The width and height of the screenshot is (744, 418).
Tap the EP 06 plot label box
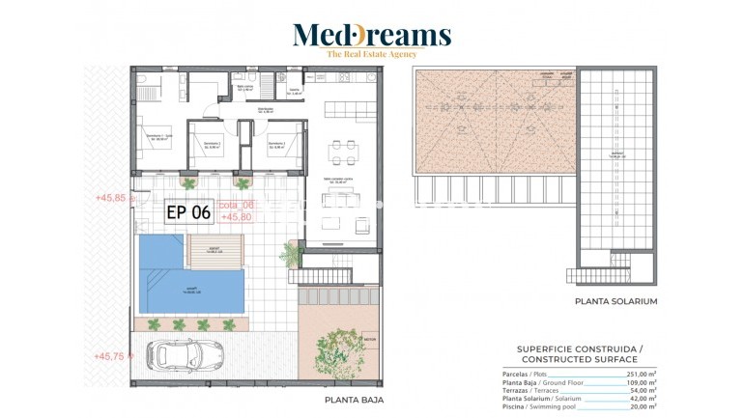[188, 212]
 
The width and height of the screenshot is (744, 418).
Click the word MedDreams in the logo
[372, 36]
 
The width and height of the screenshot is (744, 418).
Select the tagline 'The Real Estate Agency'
[372, 55]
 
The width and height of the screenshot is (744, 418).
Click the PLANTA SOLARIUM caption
[615, 301]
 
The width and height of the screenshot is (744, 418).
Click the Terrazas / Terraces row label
[530, 390]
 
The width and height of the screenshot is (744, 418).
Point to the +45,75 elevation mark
[109, 356]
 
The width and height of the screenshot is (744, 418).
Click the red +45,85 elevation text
[110, 198]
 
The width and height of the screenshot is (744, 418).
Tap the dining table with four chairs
[343, 151]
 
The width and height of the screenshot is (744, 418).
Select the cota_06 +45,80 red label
[237, 211]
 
